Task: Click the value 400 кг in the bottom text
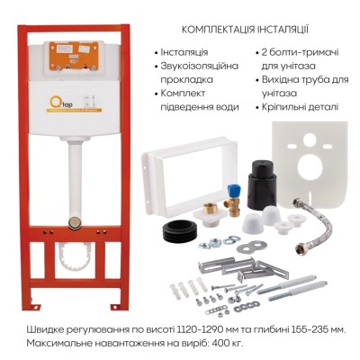(x=228, y=343)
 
